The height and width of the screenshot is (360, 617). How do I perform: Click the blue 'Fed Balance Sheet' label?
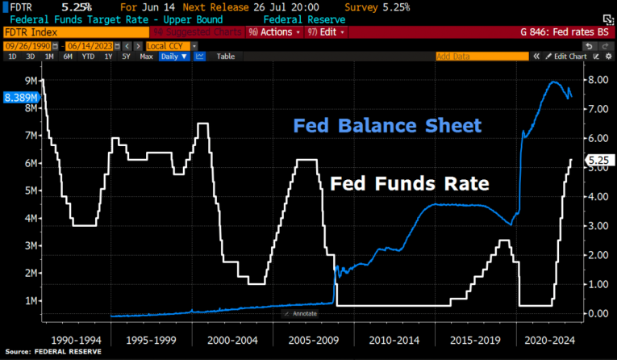[x=387, y=126]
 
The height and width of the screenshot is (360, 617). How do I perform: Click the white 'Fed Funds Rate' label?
[x=409, y=184]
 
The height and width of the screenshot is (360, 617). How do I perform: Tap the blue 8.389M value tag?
[x=21, y=97]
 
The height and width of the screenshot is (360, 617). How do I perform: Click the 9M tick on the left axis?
[x=31, y=81]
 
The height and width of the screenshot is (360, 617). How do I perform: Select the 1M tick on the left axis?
[x=31, y=300]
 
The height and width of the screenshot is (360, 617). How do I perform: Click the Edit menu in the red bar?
[x=326, y=32]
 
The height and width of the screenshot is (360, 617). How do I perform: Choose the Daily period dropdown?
[x=173, y=57]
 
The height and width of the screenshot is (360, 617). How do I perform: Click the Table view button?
[x=226, y=57]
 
